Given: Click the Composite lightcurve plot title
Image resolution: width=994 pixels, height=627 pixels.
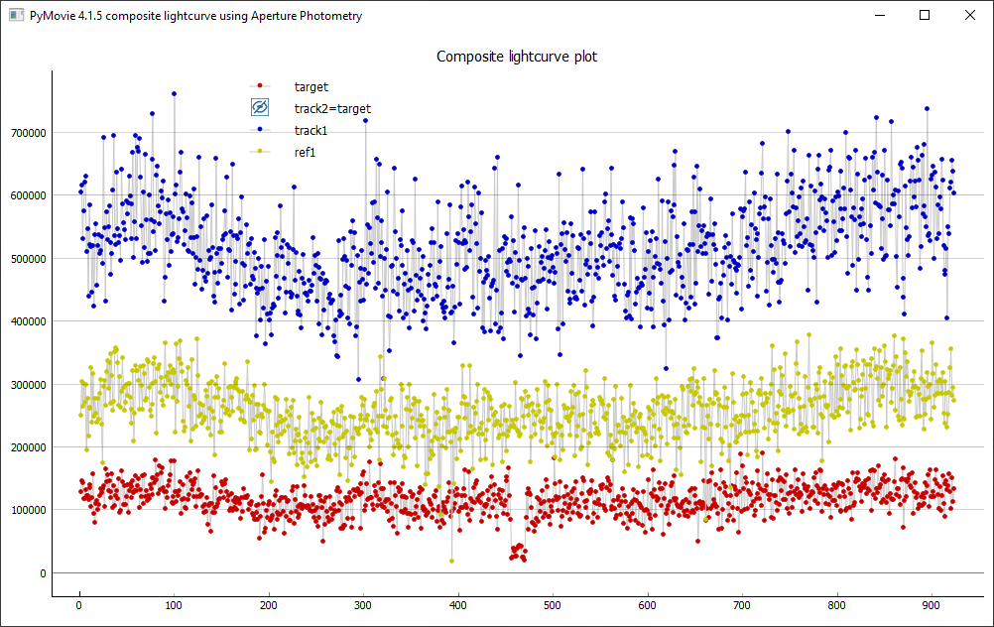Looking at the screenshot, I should [517, 57].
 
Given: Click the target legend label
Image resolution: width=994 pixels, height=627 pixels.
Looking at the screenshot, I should [311, 87].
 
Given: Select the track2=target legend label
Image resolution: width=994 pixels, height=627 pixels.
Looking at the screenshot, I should [332, 108].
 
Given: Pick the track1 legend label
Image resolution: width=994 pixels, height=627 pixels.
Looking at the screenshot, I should [311, 130].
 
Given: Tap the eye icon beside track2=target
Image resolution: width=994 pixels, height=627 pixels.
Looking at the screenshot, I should [259, 108].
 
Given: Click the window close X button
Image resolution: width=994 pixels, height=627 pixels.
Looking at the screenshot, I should [970, 16].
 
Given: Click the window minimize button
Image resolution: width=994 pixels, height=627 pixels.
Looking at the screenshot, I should [878, 16].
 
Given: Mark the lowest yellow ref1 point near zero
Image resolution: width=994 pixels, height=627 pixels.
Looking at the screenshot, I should [452, 561].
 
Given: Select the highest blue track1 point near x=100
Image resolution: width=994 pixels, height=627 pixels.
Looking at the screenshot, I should [174, 94].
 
